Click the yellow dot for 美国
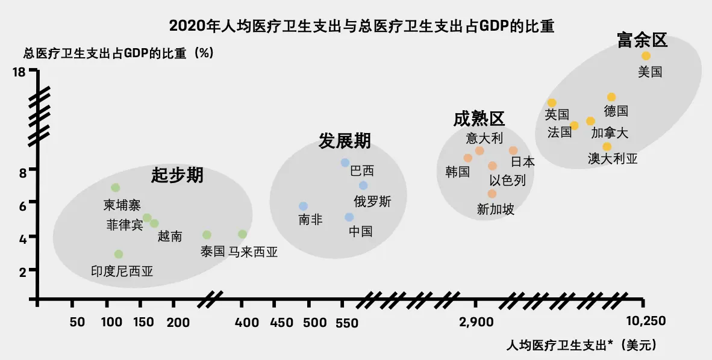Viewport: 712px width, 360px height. point(646,56)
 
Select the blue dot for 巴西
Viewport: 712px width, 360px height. point(345,163)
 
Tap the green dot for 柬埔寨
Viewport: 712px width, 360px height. point(116,188)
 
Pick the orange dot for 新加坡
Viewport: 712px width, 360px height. point(492,194)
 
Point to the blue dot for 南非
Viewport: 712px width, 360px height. point(304,206)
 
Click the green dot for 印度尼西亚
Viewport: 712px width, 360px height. point(119,254)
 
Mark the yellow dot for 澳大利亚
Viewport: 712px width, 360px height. point(607,147)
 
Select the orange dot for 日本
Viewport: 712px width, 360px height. point(513,151)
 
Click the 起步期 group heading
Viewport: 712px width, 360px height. point(177,175)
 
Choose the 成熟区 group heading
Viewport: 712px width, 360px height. point(479,119)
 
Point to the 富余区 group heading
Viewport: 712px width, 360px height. point(642,40)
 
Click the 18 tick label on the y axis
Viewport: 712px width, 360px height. point(19,72)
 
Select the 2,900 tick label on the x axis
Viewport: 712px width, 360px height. point(476,321)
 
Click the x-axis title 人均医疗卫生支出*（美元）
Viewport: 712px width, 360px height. point(581,346)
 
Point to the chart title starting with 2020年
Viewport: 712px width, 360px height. point(361,26)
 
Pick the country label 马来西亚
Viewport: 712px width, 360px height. point(252,252)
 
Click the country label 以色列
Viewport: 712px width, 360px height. point(507,181)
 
